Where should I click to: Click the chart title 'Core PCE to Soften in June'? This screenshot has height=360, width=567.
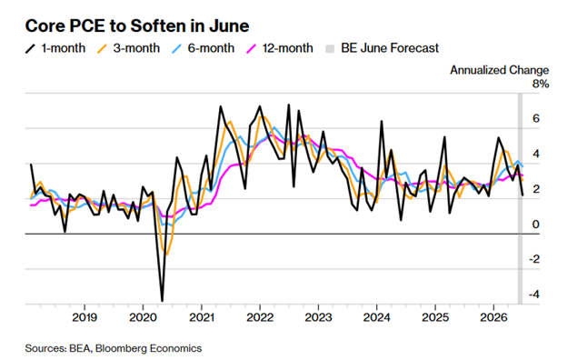[137, 26]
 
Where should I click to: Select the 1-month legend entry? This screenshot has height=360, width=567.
[55, 48]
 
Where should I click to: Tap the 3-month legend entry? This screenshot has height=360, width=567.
[128, 48]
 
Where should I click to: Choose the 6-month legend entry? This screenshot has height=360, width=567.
[204, 48]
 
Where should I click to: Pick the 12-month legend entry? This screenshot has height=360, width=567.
[280, 48]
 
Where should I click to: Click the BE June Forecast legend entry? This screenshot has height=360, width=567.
[382, 48]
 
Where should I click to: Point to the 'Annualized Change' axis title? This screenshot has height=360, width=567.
[500, 70]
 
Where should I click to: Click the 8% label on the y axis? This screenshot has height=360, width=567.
[541, 84]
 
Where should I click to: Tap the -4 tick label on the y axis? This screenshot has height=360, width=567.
[534, 294]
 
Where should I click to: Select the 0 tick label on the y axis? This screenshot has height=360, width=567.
[536, 224]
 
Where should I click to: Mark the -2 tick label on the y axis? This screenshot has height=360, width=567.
[534, 259]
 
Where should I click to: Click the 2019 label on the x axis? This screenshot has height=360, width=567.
[85, 317]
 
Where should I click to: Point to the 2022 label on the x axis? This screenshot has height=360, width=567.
[260, 317]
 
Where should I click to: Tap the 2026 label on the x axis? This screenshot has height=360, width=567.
[493, 317]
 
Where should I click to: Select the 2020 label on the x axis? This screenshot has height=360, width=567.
[143, 317]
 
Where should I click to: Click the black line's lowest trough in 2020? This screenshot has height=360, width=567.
[162, 301]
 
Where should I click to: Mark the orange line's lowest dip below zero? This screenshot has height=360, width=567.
[167, 255]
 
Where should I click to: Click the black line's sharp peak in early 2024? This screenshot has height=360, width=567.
[382, 121]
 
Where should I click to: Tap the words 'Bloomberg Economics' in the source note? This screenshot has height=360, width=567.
[149, 348]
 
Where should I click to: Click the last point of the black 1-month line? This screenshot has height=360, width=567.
[522, 195]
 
